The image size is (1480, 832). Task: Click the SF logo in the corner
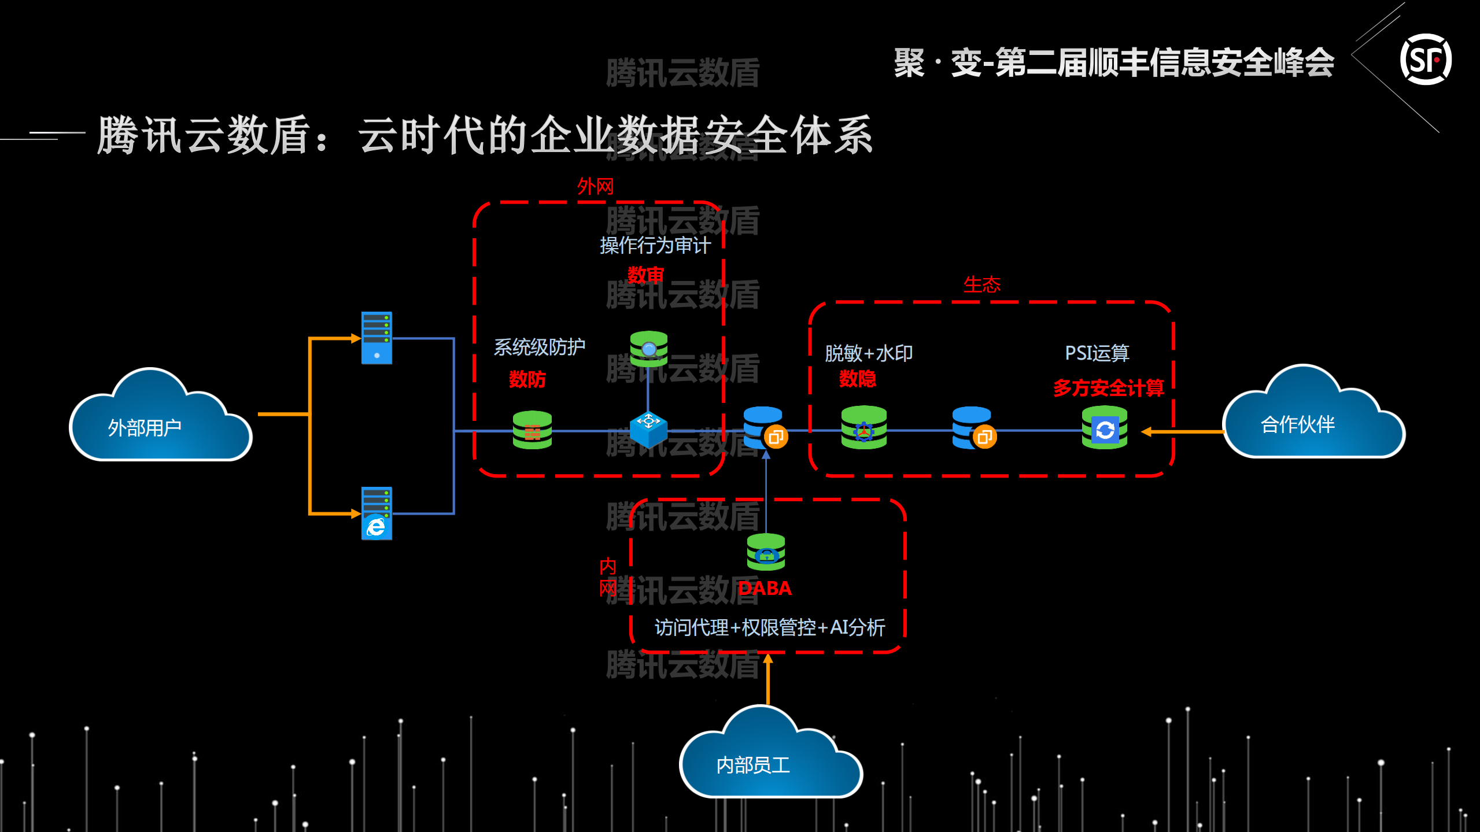point(1425,60)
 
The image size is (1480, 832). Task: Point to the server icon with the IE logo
point(377,513)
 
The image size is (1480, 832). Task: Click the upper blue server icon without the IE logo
point(377,338)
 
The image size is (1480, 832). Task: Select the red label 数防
point(527,379)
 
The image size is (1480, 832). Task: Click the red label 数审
point(645,275)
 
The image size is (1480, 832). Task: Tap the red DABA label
point(765,588)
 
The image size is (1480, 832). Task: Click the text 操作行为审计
point(655,246)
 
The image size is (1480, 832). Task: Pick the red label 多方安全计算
point(1108,387)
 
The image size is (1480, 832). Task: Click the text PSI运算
point(1097,353)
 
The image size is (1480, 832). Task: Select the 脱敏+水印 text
point(868,353)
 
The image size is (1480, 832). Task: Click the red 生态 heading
point(981,284)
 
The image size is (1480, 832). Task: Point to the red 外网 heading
point(595,186)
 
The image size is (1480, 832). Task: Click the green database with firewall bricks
point(532,430)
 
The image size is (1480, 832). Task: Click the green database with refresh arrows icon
point(1104,428)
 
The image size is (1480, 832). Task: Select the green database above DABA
point(766,552)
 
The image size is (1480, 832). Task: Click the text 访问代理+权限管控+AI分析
point(769,627)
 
